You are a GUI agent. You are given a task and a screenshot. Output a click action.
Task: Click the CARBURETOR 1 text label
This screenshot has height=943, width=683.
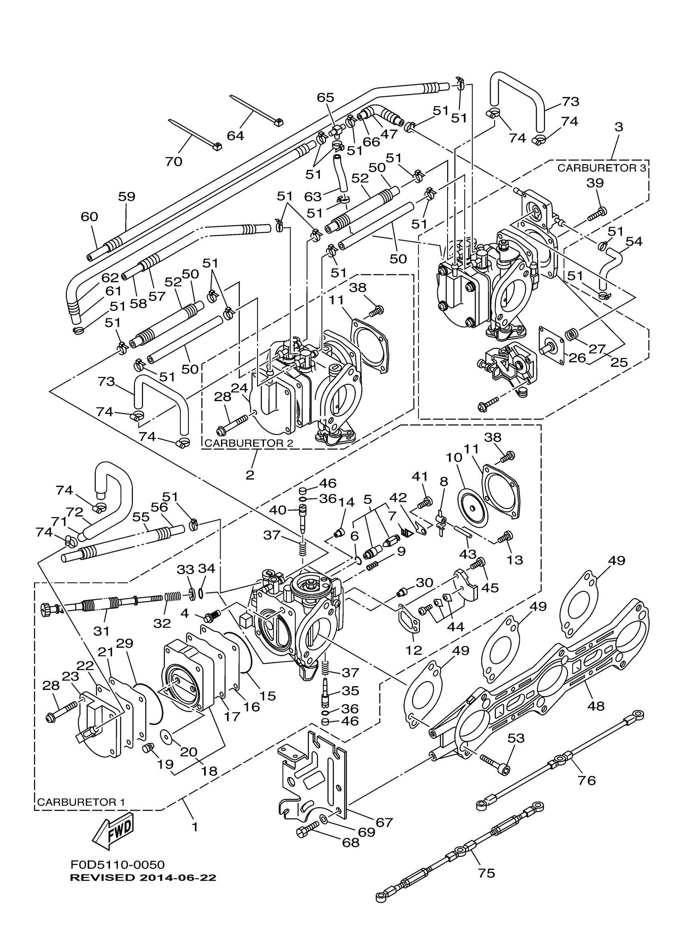81,802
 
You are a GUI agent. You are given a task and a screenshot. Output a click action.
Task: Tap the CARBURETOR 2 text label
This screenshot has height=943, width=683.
249,443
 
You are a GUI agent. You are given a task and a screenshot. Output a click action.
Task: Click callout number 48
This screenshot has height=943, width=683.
596,705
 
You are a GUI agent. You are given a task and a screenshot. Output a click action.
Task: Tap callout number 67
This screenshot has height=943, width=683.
384,822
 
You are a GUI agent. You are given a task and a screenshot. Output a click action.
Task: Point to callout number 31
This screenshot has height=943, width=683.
101,631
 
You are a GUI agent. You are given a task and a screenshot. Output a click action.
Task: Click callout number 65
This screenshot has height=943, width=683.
325,97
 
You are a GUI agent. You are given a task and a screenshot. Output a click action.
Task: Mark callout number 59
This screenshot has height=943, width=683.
127,196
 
